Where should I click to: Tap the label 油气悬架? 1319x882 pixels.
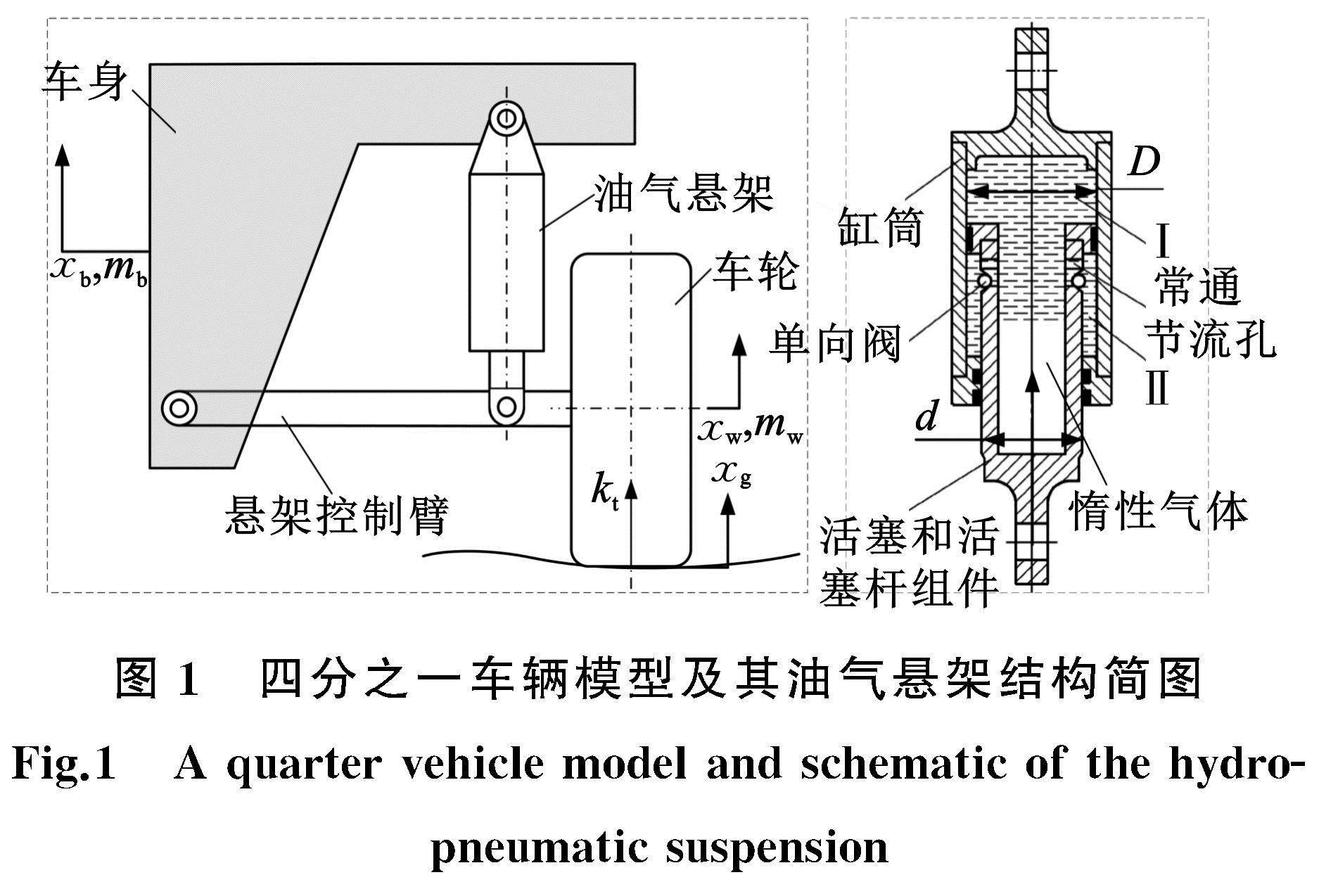click(x=684, y=193)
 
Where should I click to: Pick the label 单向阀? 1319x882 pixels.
click(x=835, y=345)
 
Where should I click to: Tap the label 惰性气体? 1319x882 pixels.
click(x=1158, y=511)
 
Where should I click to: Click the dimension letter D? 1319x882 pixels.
click(x=1143, y=163)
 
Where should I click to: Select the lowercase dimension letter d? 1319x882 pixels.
click(x=926, y=416)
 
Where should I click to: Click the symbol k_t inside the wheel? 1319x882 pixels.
click(x=604, y=490)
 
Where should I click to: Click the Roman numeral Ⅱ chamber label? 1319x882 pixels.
click(x=1158, y=388)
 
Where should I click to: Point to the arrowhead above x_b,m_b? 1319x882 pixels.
click(x=63, y=153)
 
